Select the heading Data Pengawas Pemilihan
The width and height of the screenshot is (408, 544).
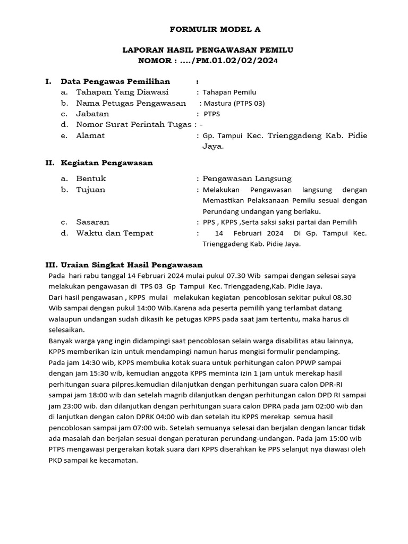click(x=115, y=81)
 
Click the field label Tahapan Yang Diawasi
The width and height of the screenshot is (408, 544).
click(x=122, y=92)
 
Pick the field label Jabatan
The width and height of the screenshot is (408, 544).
click(x=92, y=114)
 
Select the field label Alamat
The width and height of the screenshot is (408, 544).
click(x=90, y=135)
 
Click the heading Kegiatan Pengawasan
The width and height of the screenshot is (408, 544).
click(x=107, y=163)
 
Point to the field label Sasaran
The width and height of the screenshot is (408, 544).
click(x=92, y=222)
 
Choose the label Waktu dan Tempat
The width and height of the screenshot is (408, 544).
click(x=114, y=233)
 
